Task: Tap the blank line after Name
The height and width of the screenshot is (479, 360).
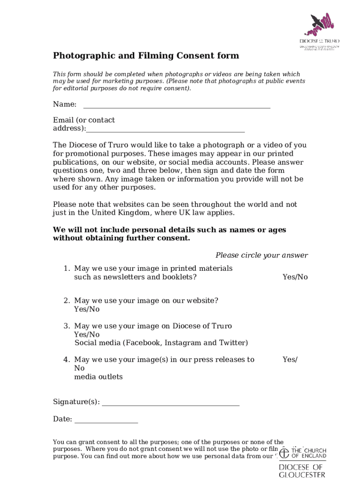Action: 176,105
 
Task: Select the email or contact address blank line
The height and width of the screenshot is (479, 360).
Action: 166,130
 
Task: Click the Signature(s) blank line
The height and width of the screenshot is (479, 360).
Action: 170,403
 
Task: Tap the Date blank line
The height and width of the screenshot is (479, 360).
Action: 106,420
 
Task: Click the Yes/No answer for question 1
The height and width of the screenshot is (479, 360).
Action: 295,277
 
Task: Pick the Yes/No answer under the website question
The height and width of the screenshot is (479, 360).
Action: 86,309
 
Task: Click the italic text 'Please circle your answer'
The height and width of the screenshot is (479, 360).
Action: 261,255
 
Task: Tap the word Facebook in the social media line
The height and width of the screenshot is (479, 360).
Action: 143,343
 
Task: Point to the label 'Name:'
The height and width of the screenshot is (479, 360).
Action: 65,104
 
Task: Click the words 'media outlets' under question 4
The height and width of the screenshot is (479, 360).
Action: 99,377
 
